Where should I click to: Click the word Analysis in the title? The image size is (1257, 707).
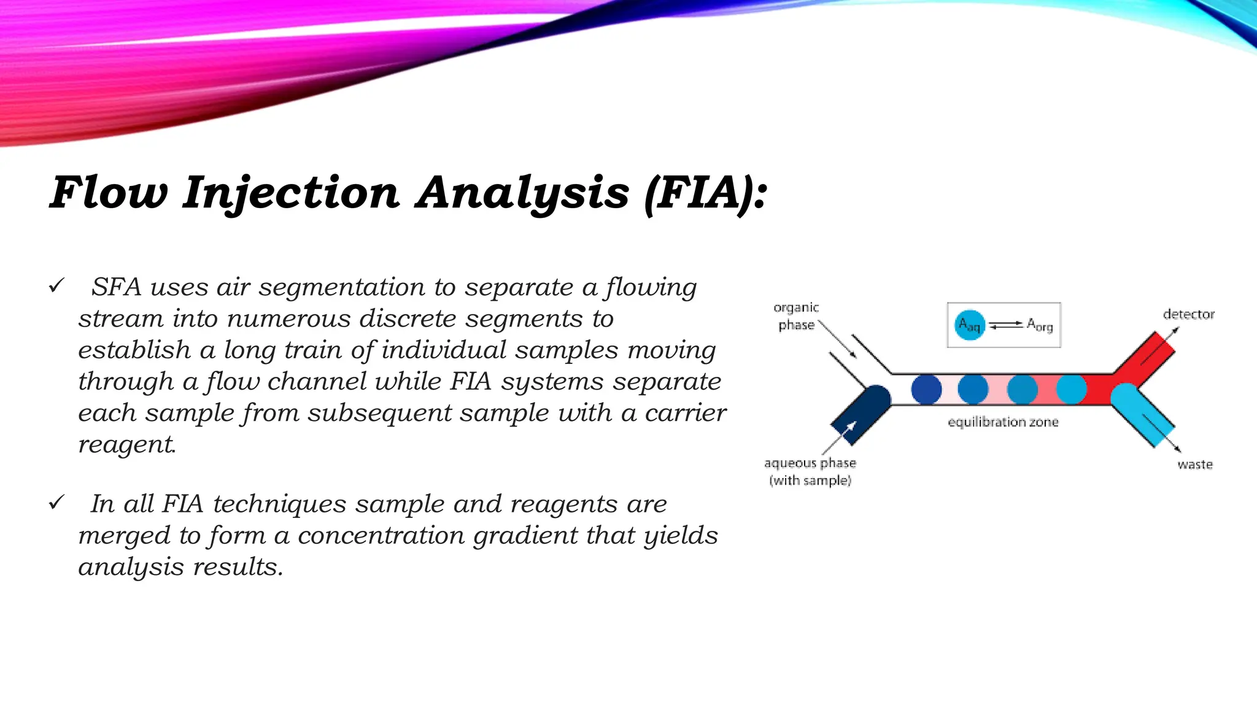point(522,193)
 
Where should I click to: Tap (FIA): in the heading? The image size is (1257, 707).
point(706,193)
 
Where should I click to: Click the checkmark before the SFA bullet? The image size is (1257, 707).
point(56,286)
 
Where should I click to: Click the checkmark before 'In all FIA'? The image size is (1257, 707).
point(56,503)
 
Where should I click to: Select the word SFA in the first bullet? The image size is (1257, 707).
point(117,287)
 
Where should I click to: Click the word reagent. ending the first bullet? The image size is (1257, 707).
point(127,444)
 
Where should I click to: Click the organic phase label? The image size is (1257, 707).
point(796,316)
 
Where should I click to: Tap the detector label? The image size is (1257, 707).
point(1188,314)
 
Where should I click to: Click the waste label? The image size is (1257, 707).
point(1194,465)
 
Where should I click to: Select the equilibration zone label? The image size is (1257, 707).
point(1003,422)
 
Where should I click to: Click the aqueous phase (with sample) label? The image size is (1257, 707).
point(810,471)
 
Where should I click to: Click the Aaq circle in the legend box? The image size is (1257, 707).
point(969,325)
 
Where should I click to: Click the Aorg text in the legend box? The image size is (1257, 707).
point(1040,325)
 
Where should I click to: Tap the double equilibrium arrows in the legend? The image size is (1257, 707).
point(1005,325)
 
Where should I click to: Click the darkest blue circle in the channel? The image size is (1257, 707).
point(926,389)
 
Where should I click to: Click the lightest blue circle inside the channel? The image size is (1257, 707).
point(1072,389)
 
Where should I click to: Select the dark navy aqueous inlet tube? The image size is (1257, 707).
point(859,414)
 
